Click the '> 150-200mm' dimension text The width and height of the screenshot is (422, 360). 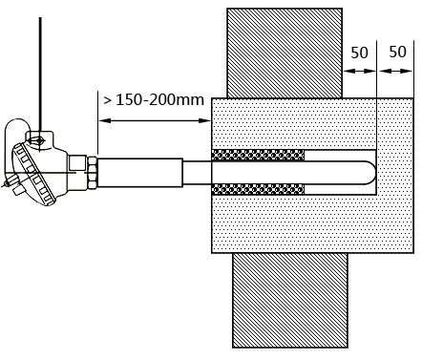pos(154,100)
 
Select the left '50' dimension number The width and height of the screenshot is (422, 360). pos(359,53)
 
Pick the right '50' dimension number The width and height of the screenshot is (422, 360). pos(397,52)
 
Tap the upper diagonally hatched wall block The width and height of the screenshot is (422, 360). pos(285,53)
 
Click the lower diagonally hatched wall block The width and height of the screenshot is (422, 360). pos(290,300)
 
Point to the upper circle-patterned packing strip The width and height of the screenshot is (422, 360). pos(258,155)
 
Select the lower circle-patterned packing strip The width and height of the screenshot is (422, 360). pos(258,190)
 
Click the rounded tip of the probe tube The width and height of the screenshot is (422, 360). pos(371,173)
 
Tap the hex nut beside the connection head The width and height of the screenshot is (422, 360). pos(93,173)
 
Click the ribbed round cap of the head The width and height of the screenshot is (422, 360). pos(33,174)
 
